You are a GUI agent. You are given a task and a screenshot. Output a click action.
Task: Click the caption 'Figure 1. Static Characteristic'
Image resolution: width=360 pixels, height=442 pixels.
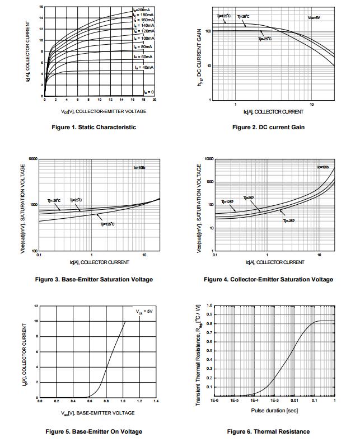(93, 127)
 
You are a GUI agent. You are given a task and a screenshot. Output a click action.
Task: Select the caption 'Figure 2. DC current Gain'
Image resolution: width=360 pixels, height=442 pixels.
(268, 127)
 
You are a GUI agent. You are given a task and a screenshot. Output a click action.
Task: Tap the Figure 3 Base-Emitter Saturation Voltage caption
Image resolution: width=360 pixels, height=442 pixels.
(93, 279)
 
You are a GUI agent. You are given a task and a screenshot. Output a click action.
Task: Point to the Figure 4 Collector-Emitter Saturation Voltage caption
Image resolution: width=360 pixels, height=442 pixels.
(269, 279)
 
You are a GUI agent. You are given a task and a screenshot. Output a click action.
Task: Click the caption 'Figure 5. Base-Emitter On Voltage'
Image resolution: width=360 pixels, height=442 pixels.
(93, 431)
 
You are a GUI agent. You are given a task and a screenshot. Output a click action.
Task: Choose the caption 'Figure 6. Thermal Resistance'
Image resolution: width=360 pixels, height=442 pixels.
(268, 431)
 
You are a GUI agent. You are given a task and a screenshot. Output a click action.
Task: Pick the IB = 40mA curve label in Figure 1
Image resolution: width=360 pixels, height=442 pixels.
(143, 67)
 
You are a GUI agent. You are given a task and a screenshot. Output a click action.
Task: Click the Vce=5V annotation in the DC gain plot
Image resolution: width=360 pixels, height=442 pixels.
(314, 17)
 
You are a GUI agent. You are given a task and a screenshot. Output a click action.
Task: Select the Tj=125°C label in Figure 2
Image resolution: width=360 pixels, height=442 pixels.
(224, 16)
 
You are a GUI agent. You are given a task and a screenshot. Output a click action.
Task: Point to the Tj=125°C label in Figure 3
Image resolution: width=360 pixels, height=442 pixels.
(107, 224)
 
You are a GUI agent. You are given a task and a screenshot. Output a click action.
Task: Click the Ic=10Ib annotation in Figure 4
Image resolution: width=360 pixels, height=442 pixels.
(322, 167)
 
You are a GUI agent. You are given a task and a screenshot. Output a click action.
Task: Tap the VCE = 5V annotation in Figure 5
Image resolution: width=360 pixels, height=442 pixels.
(144, 311)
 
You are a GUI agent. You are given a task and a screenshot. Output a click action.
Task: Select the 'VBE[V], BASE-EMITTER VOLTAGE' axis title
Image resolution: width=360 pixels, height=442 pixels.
(99, 413)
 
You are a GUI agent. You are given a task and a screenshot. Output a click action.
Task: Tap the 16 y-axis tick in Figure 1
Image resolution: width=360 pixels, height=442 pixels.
(41, 7)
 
